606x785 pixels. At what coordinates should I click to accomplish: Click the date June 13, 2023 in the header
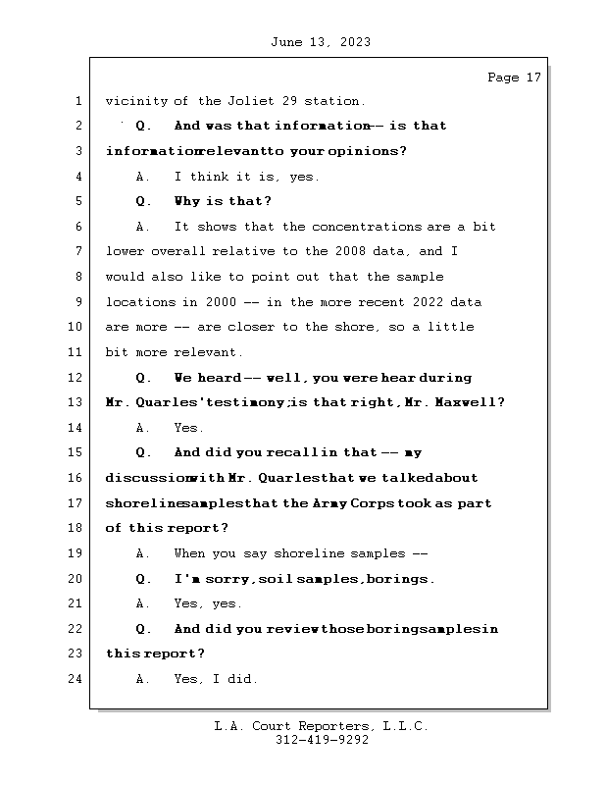click(x=319, y=42)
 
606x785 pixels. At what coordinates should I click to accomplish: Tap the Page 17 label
click(x=514, y=78)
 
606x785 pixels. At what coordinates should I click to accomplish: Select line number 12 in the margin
click(x=76, y=378)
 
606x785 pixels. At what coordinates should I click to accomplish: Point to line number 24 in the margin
click(x=76, y=679)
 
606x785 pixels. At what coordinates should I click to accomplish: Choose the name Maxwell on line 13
click(x=475, y=402)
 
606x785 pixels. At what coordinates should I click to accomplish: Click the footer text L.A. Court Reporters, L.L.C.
click(x=321, y=726)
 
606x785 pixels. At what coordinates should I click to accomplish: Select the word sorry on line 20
click(x=227, y=579)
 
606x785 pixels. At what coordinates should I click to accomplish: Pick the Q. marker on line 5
click(x=144, y=201)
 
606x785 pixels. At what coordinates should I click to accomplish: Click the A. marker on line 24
click(x=143, y=679)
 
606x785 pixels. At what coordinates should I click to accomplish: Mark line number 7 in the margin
click(x=76, y=252)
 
